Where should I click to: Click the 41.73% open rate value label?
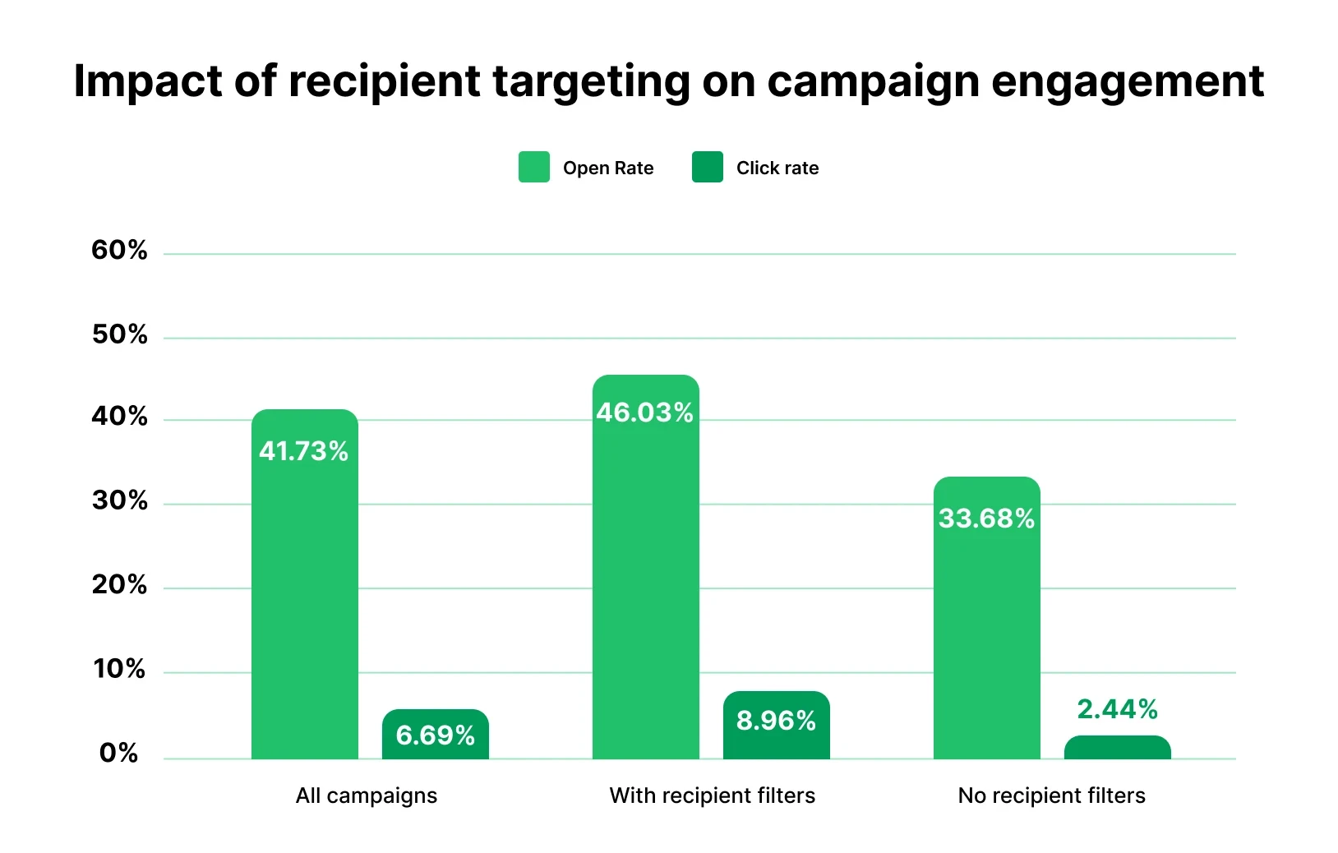click(303, 451)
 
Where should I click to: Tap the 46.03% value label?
click(645, 413)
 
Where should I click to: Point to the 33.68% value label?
click(986, 519)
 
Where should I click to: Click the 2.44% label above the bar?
click(1117, 709)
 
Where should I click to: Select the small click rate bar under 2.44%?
click(1117, 748)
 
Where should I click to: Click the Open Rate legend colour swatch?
click(534, 167)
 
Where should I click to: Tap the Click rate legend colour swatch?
click(707, 167)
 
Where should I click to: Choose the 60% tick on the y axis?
click(119, 250)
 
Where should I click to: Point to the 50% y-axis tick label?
click(119, 334)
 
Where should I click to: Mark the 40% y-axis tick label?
click(119, 417)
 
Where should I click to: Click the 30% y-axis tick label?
click(119, 501)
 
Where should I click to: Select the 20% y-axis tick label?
click(119, 585)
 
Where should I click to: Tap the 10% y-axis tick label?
click(119, 669)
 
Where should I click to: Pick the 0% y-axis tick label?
click(119, 753)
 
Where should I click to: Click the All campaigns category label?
click(367, 795)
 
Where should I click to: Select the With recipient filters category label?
click(712, 795)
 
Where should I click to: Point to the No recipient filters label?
click(1051, 795)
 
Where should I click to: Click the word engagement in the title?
click(1128, 82)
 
